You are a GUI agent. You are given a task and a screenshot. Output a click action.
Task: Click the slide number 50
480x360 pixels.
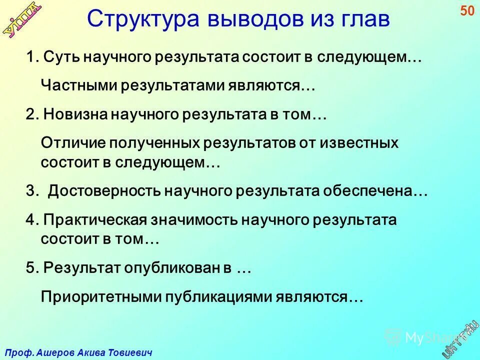pos(467,11)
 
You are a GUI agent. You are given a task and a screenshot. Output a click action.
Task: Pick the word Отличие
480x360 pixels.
pos(70,143)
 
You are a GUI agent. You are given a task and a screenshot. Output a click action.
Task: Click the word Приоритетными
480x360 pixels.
pos(95,297)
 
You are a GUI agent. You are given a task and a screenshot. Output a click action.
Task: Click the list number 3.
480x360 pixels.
pos(30,191)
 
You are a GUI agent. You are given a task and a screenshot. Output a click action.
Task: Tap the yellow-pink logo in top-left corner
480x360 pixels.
pos(23,19)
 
